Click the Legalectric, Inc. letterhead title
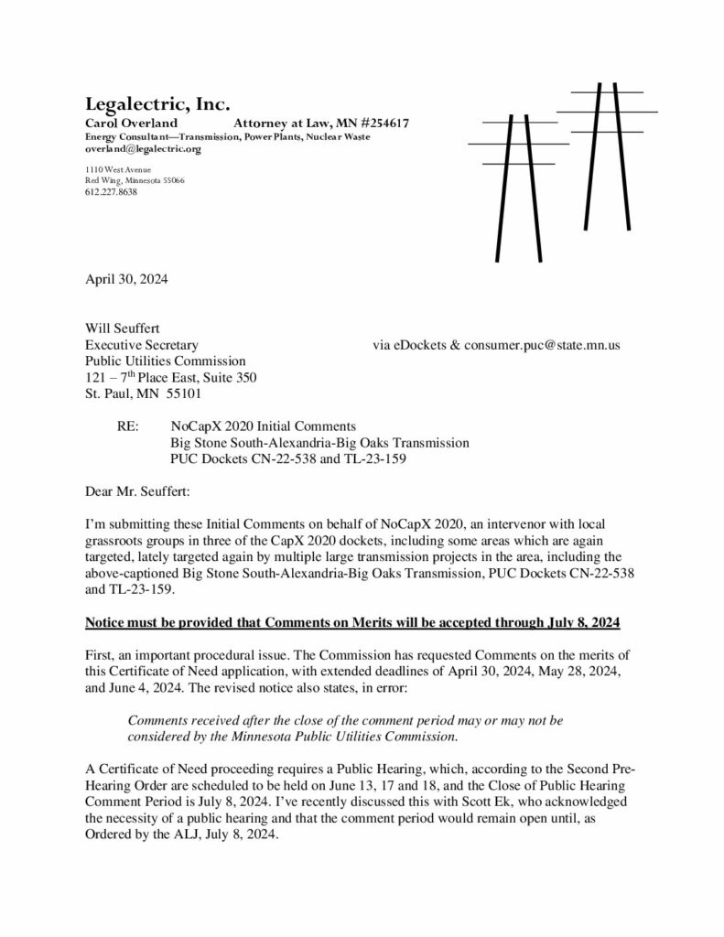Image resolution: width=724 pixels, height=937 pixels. [157, 102]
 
